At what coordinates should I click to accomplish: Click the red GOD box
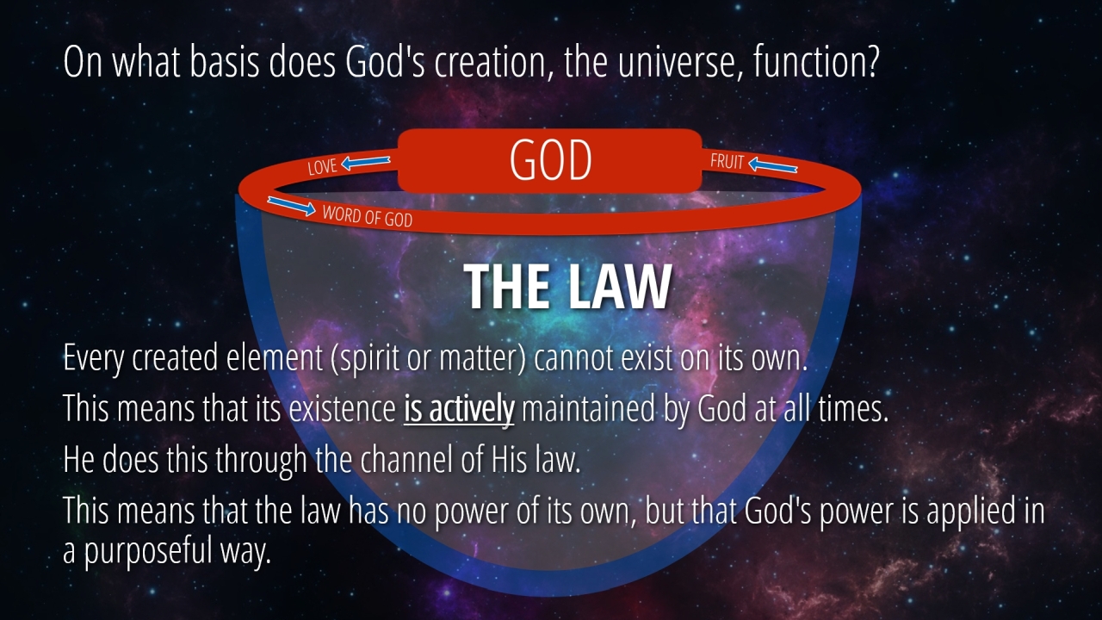(x=549, y=160)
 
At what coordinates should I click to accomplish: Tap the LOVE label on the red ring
(x=322, y=167)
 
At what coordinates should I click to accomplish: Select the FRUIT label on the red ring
(x=727, y=161)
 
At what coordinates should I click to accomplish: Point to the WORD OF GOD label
(x=368, y=216)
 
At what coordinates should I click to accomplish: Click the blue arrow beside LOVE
(x=366, y=162)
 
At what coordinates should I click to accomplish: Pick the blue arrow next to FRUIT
(x=772, y=165)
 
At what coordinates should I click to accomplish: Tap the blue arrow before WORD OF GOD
(x=291, y=206)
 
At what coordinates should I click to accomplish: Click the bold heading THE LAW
(x=567, y=287)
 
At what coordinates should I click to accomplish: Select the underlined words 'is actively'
(x=459, y=409)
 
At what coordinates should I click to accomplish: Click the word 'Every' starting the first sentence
(x=93, y=358)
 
